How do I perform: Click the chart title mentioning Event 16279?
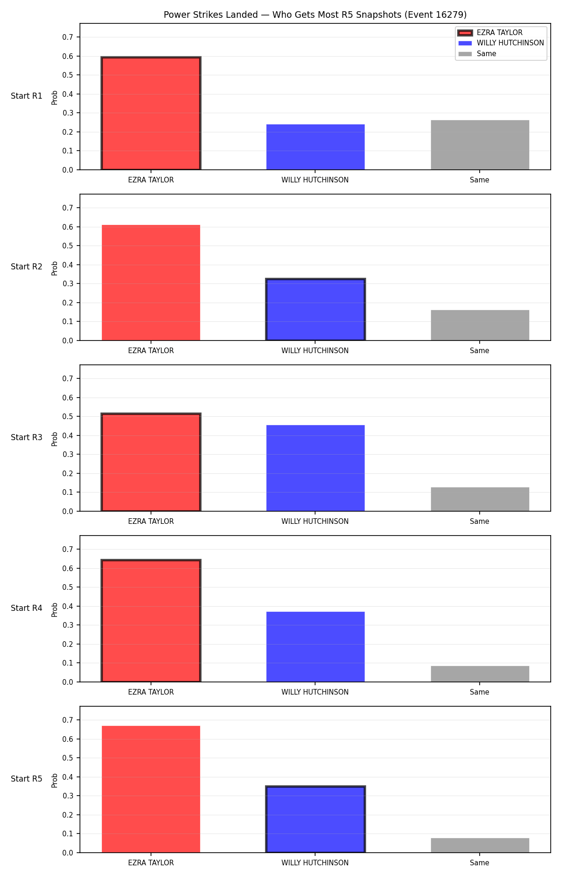(315, 14)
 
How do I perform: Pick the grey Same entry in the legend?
(477, 54)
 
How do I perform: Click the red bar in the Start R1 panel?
(151, 113)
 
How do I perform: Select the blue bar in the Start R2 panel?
(316, 310)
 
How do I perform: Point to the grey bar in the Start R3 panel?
(480, 499)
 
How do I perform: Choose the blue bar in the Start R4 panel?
(316, 647)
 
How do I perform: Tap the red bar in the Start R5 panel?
(151, 789)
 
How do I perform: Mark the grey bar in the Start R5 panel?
(480, 845)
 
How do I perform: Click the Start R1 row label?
(27, 96)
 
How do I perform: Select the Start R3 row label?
(27, 437)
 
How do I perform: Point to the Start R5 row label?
(27, 779)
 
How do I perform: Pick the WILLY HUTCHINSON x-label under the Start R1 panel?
(315, 180)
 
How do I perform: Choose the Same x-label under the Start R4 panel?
(480, 692)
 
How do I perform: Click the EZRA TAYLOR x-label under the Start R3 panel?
(151, 522)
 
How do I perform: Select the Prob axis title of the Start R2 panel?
(55, 268)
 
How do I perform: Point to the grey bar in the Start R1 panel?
(480, 145)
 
